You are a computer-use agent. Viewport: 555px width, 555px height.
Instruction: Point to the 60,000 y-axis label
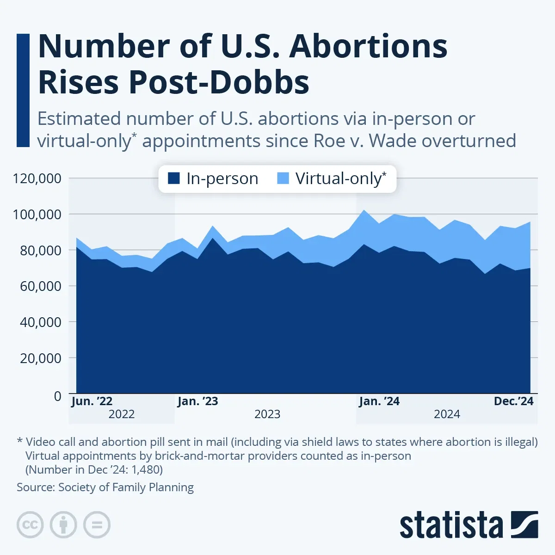click(41, 286)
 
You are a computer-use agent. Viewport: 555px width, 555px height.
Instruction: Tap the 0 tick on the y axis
click(57, 396)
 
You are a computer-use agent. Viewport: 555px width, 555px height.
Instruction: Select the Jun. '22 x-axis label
click(92, 401)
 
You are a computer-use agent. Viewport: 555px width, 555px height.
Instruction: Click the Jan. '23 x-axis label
click(197, 401)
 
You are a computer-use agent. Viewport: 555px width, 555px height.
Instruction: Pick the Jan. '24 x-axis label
click(379, 401)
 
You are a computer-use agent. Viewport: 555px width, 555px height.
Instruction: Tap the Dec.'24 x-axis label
click(513, 401)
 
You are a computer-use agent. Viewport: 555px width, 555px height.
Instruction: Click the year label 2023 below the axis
click(267, 414)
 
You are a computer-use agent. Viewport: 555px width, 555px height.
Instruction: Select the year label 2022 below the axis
click(121, 414)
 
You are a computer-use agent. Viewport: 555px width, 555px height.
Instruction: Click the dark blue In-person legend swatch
click(173, 179)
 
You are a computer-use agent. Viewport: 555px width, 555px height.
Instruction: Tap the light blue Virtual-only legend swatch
click(283, 179)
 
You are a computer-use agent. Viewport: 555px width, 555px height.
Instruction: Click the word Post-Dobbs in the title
click(218, 82)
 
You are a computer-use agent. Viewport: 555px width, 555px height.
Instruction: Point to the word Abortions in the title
click(368, 46)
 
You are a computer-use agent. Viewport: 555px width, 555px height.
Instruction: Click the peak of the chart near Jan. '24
click(364, 210)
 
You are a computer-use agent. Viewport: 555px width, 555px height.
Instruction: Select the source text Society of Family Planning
click(126, 487)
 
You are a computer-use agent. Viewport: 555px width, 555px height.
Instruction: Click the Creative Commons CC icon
click(30, 525)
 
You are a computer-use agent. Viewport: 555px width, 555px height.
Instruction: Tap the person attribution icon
click(63, 525)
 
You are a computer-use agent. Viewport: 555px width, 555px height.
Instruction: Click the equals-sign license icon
click(97, 525)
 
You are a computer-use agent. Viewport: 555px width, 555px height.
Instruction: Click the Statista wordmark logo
click(451, 525)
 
